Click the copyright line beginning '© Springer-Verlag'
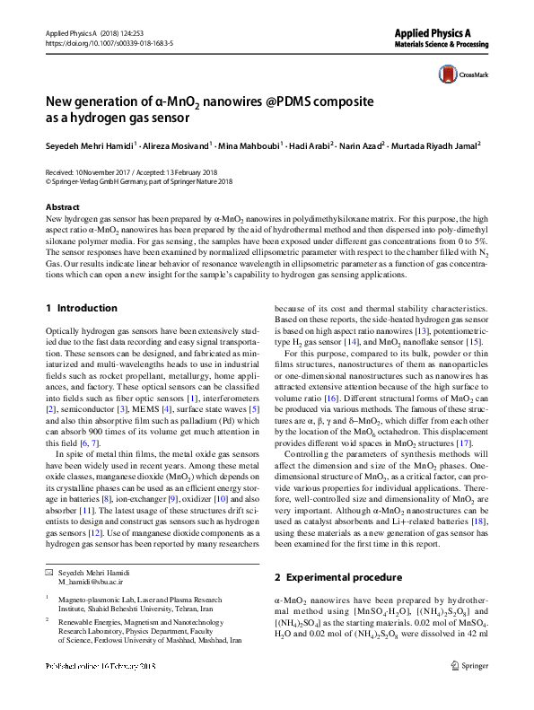pyautogui.click(x=138, y=180)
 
